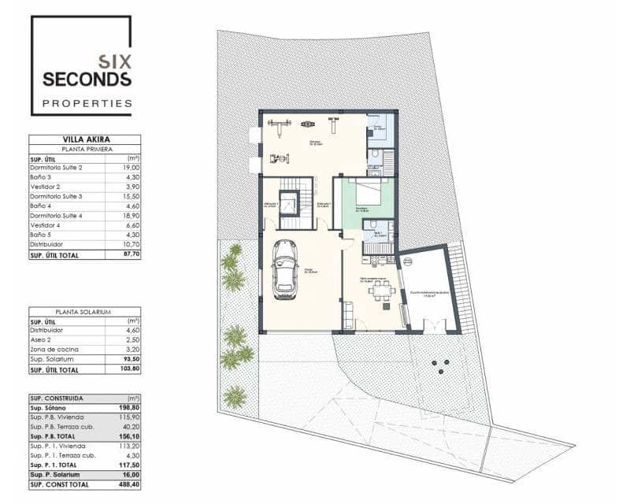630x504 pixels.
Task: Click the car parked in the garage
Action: (x=283, y=269)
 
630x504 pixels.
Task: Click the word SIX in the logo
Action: (x=115, y=60)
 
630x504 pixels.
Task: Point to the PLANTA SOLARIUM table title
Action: (x=84, y=312)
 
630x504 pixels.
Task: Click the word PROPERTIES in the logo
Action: (x=87, y=103)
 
